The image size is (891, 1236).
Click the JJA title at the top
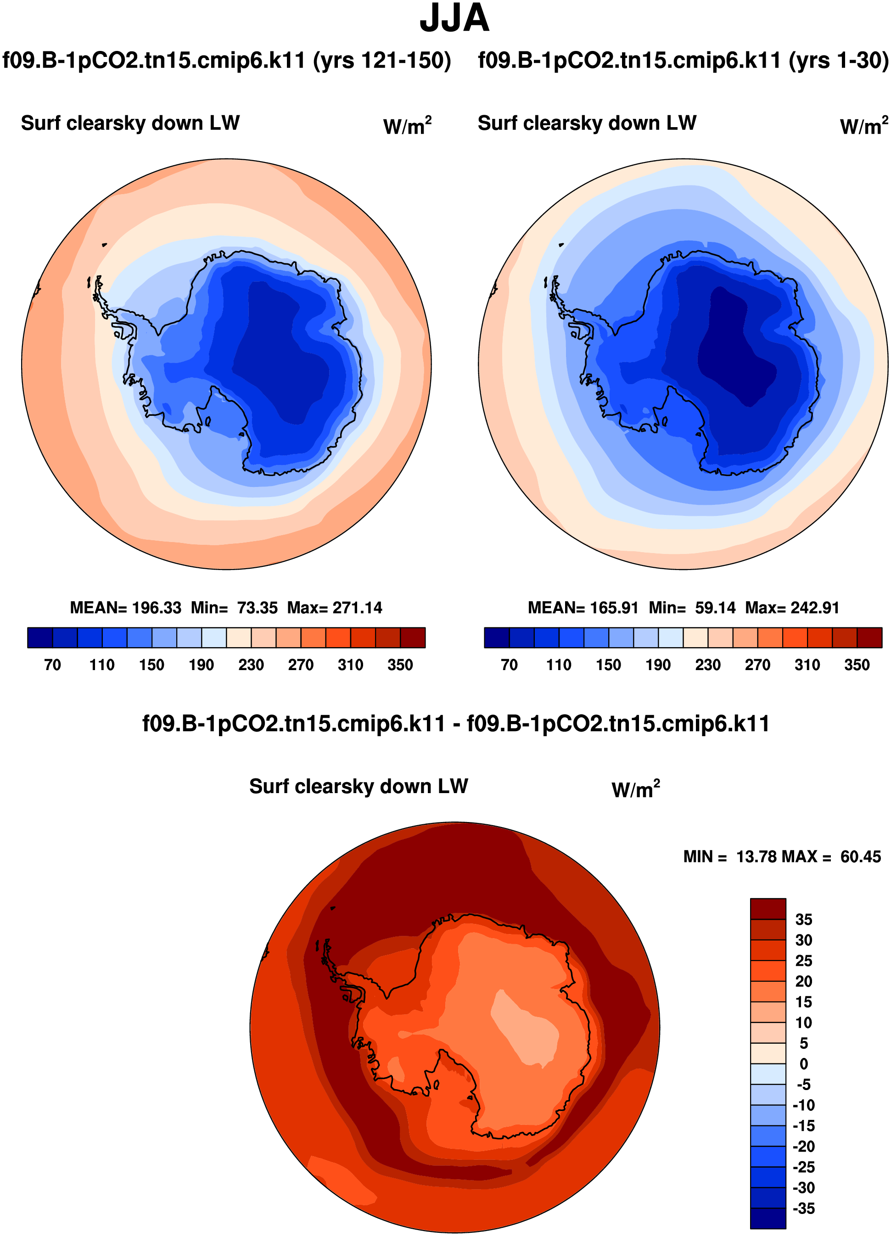454,18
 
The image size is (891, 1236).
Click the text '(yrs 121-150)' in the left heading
382,61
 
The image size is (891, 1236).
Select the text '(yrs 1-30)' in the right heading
839,61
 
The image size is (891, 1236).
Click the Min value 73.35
257,608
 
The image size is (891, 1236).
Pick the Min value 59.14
715,608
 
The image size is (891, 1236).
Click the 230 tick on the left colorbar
251,665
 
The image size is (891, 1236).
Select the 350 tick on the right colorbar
857,665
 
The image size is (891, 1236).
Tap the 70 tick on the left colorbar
52,665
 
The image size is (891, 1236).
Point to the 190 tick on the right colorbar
658,665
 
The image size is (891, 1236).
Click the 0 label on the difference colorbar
804,1064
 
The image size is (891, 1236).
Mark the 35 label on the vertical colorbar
804,920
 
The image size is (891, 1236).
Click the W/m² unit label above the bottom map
635,789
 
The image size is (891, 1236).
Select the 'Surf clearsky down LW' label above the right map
587,123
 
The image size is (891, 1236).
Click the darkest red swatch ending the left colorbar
413,638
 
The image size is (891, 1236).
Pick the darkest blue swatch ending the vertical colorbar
768,1219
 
